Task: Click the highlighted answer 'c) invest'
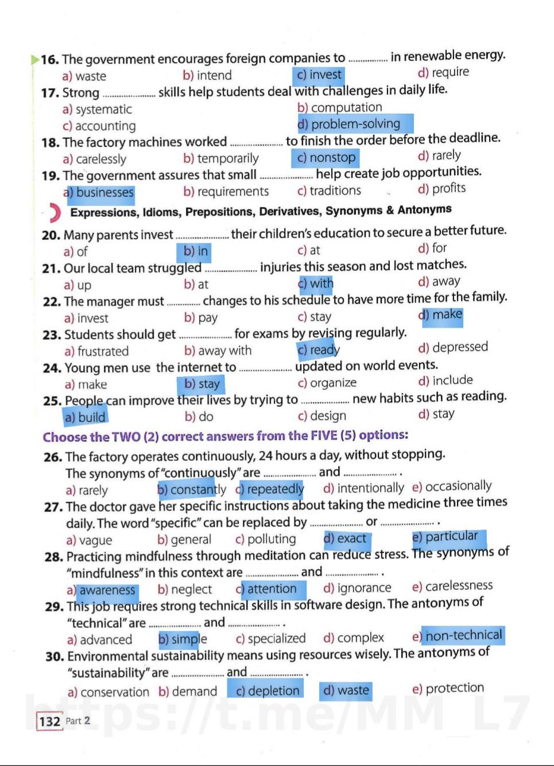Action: [319, 75]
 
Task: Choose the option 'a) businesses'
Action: [99, 193]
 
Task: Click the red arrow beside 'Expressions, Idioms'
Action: [55, 213]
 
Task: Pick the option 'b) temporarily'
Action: [221, 158]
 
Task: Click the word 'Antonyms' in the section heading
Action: [424, 209]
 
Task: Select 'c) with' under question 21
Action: [316, 283]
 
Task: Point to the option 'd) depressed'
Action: [453, 348]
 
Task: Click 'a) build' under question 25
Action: [85, 417]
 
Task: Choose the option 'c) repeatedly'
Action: [270, 489]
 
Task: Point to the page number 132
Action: [50, 721]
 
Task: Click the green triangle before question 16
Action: [35, 59]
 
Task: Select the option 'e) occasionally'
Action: [452, 487]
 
